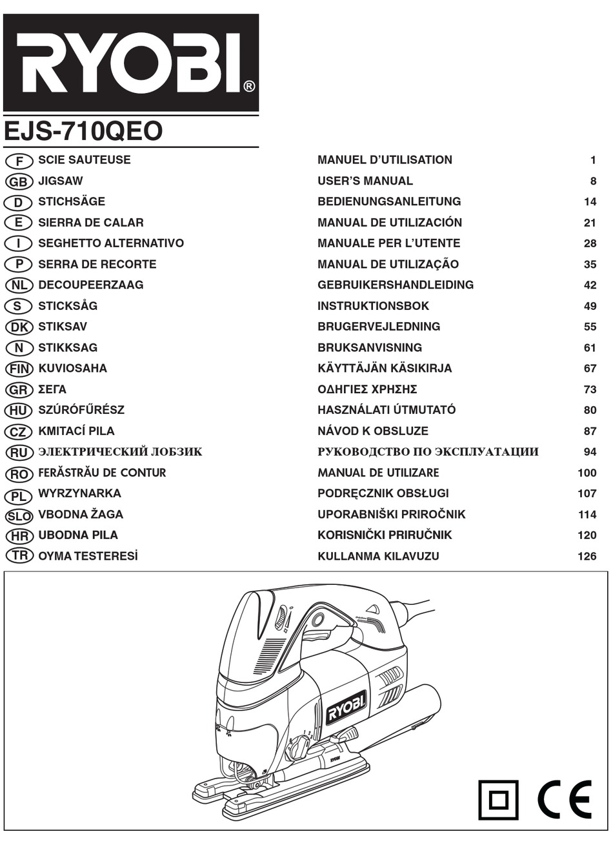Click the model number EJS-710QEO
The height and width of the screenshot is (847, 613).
pyautogui.click(x=83, y=131)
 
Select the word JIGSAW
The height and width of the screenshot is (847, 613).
pyautogui.click(x=61, y=181)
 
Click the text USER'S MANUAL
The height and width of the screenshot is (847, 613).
pyautogui.click(x=365, y=181)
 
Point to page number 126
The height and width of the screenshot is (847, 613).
pyautogui.click(x=587, y=556)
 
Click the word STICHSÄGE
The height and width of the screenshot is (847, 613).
pyautogui.click(x=72, y=201)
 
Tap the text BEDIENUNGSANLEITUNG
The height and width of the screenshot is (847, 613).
pyautogui.click(x=389, y=201)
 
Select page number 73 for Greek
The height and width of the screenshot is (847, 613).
pyautogui.click(x=590, y=389)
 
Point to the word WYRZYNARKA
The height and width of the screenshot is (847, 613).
pyautogui.click(x=79, y=493)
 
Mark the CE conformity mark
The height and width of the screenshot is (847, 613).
pyautogui.click(x=564, y=799)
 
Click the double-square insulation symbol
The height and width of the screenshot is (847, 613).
pyautogui.click(x=498, y=799)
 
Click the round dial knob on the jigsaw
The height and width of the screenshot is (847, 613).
pyautogui.click(x=298, y=748)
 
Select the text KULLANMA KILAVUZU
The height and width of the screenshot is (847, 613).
pyautogui.click(x=378, y=556)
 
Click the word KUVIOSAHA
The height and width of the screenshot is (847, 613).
pyautogui.click(x=72, y=368)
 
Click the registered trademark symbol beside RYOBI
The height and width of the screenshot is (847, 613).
pyautogui.click(x=249, y=85)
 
